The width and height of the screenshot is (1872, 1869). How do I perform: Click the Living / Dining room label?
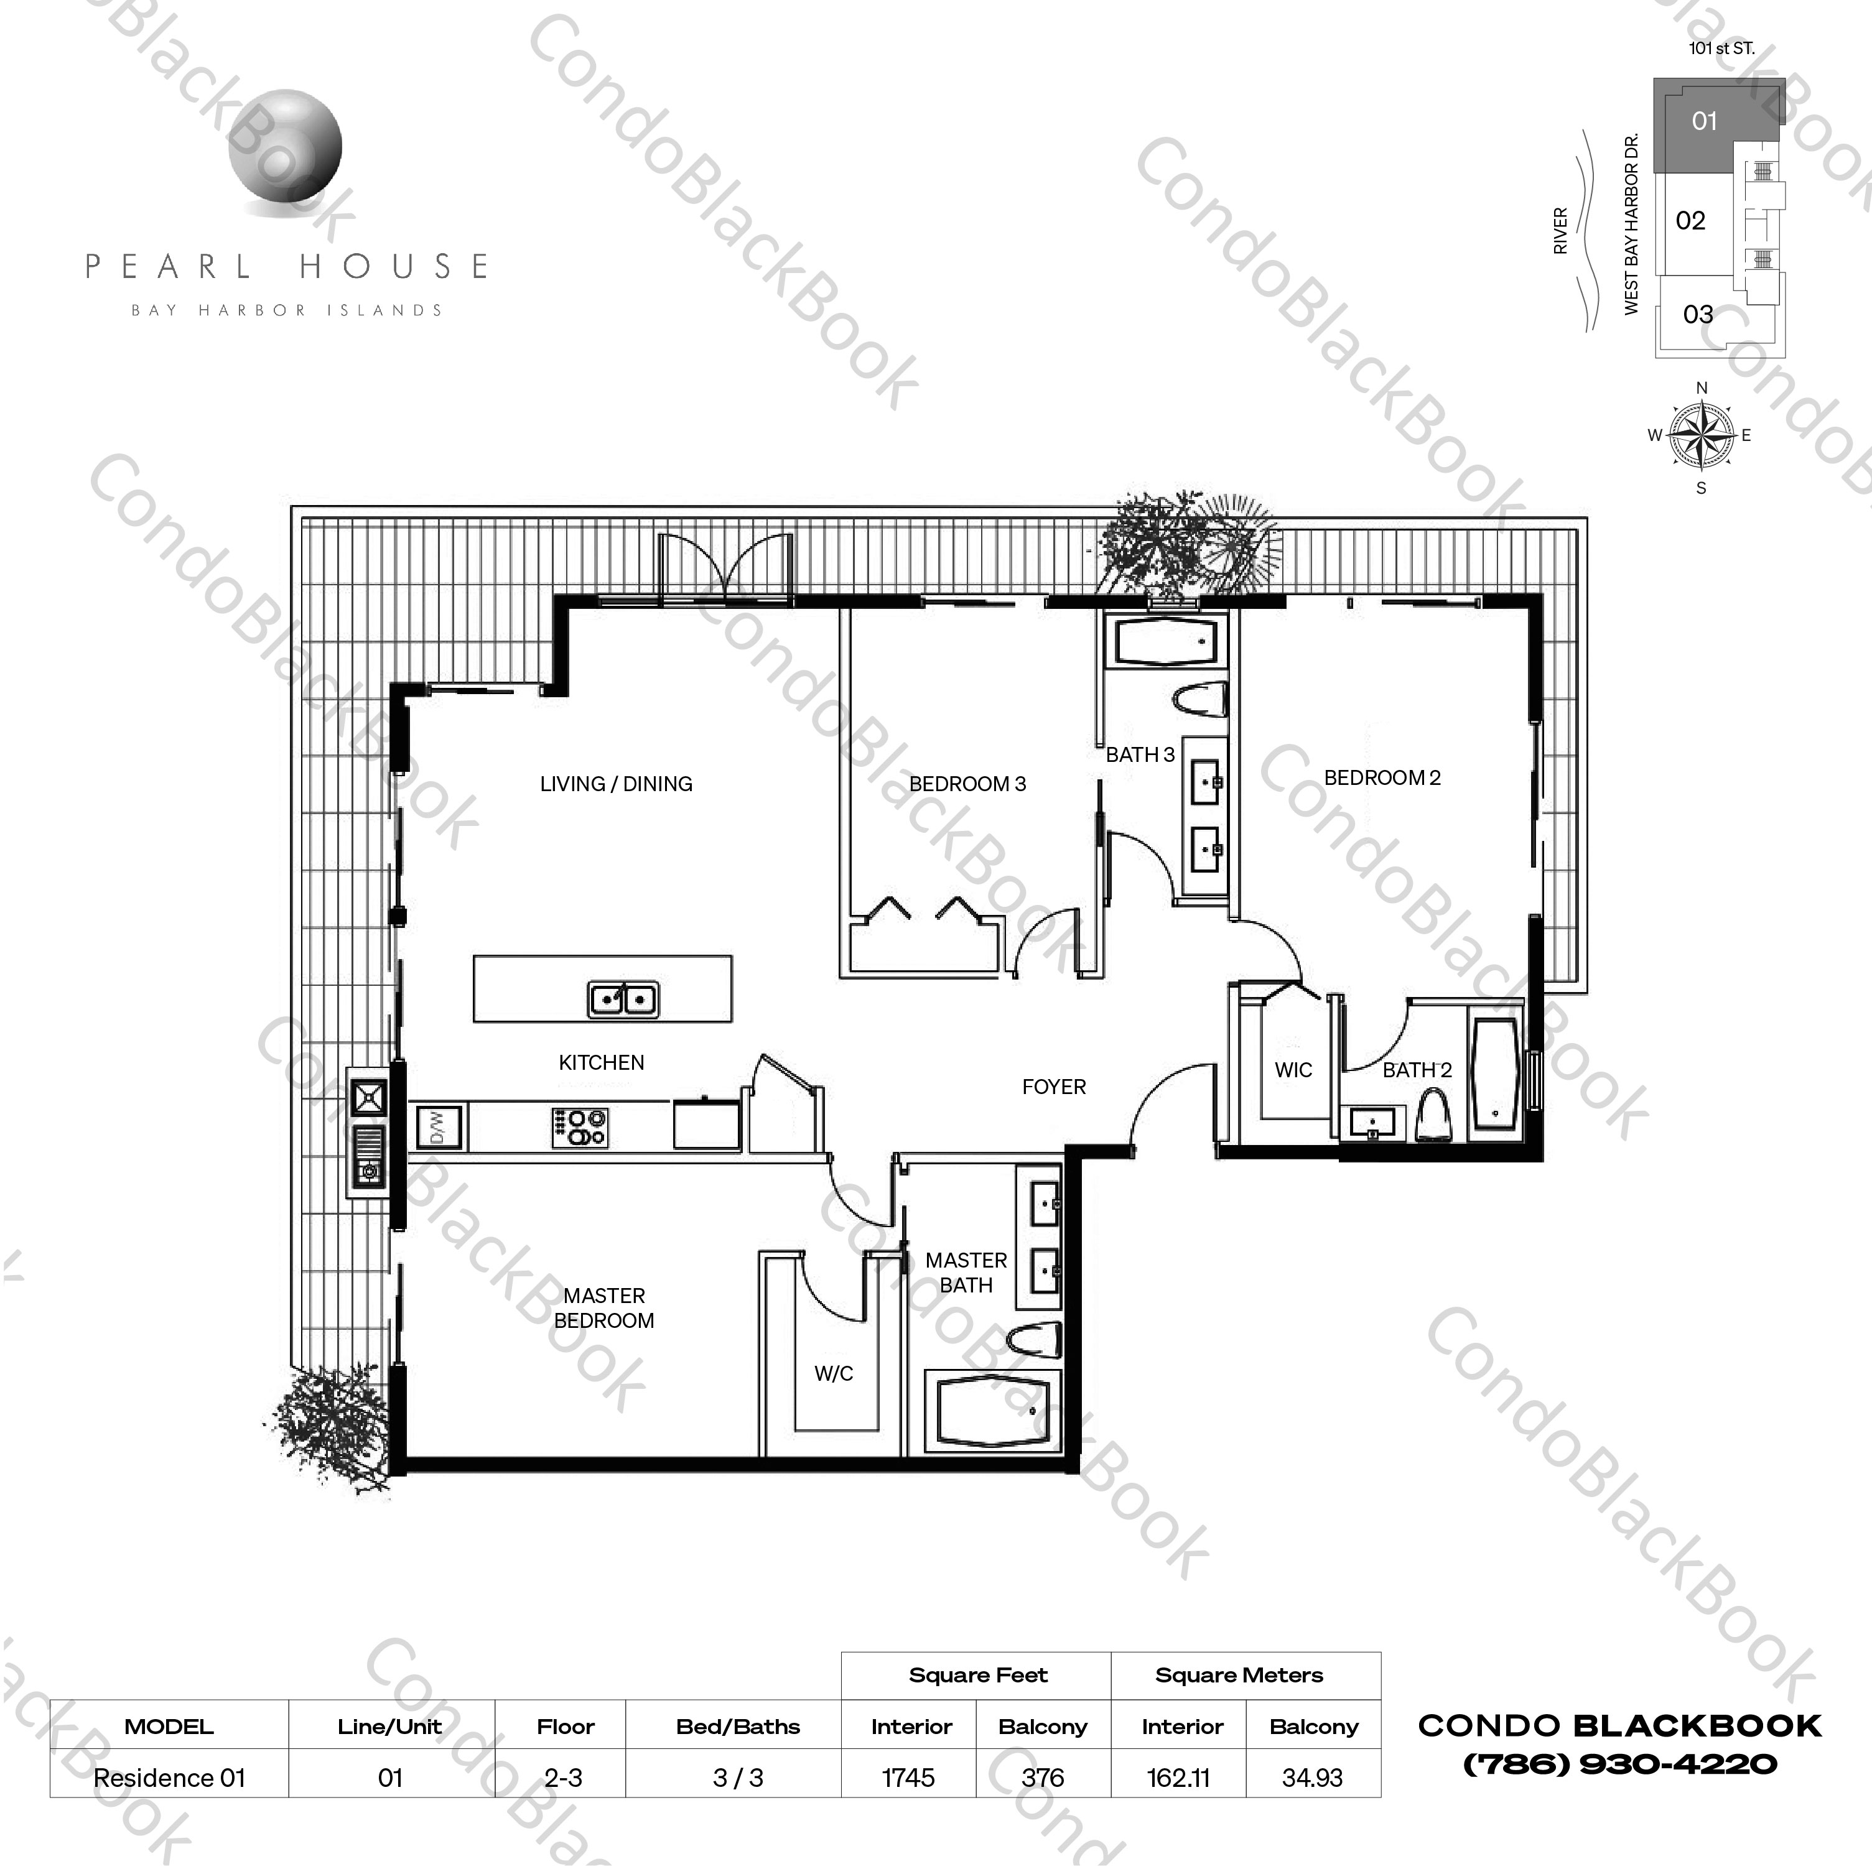[x=617, y=784]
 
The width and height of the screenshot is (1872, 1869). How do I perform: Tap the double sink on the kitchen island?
[x=623, y=998]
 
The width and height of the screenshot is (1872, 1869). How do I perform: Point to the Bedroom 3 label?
[x=967, y=784]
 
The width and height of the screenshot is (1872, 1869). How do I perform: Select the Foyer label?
[x=1053, y=1087]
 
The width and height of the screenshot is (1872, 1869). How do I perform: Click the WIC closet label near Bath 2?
[x=1293, y=1070]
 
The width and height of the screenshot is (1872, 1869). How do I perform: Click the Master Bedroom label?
[x=603, y=1308]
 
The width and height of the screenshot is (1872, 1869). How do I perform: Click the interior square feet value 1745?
[x=908, y=1778]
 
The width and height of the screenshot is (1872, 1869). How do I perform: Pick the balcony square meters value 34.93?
[x=1312, y=1778]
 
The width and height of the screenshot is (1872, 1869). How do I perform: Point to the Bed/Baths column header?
[x=737, y=1727]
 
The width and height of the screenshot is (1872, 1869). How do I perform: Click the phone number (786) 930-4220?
[x=1619, y=1763]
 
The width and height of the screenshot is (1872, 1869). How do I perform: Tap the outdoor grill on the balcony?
[x=369, y=1134]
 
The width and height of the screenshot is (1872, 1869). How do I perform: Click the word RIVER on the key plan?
[x=1560, y=231]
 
